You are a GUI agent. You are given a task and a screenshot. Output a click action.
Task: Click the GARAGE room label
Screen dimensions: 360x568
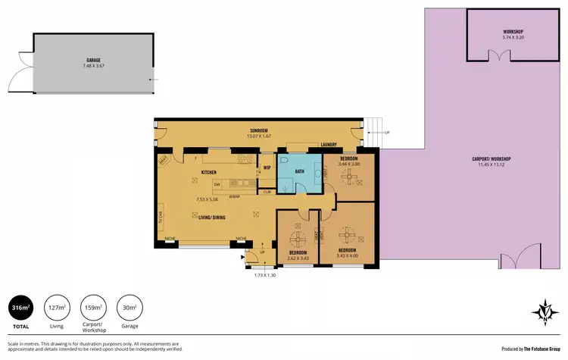coord(93,58)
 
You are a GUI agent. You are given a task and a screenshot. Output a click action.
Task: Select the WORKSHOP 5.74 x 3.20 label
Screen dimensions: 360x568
coord(513,32)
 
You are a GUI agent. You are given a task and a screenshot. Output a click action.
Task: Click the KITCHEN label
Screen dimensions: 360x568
coord(209,173)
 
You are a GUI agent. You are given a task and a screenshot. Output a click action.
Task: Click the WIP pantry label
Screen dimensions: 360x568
coord(267,167)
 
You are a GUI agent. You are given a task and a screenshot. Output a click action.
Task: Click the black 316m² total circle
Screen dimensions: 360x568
coord(20,308)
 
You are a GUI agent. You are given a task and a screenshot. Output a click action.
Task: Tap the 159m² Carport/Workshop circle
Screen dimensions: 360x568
coord(93,308)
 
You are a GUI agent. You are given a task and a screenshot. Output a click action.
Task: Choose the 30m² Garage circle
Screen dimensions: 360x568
coord(130,308)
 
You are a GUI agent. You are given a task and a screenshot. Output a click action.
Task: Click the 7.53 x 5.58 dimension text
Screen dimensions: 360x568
coord(207,199)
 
